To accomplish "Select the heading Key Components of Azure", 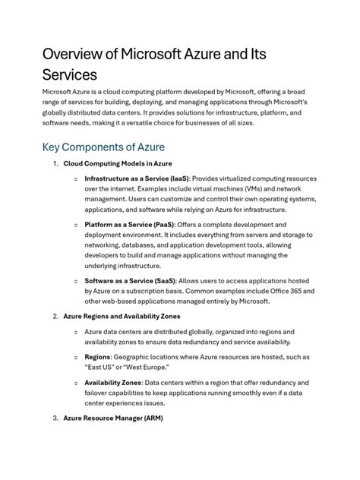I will coord(103,146).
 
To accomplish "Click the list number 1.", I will coord(54,163).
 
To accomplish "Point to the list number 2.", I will coord(54,316).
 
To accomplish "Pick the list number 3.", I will coord(54,418).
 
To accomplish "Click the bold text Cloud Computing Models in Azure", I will coord(117,163).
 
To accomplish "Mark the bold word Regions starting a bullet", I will coord(98,357).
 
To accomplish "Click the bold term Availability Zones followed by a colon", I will coord(112,383).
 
